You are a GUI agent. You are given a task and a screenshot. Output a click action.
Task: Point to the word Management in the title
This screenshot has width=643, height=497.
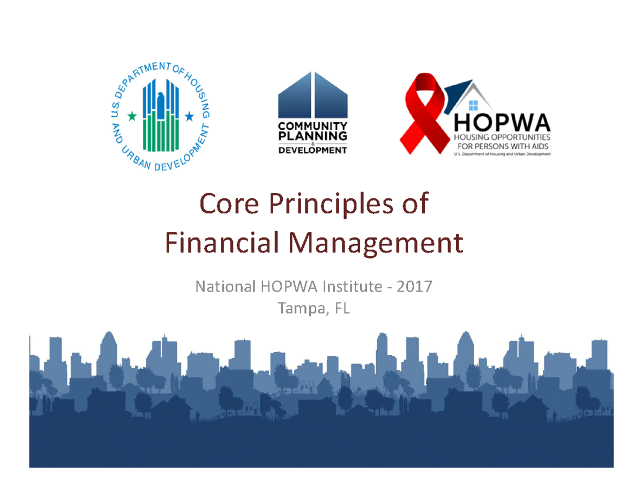pyautogui.click(x=375, y=244)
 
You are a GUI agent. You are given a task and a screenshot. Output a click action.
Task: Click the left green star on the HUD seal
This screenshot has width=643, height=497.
pyautogui.click(x=131, y=115)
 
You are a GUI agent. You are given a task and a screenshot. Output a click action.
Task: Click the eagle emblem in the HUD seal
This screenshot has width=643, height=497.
pyautogui.click(x=160, y=99)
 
